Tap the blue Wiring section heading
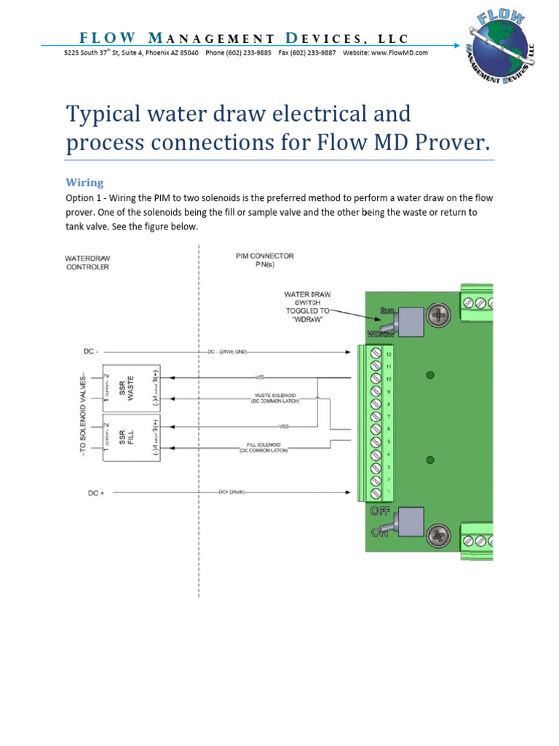(x=85, y=182)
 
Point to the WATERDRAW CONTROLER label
(x=87, y=262)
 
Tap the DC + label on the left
(x=96, y=493)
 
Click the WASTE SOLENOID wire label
(x=273, y=398)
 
